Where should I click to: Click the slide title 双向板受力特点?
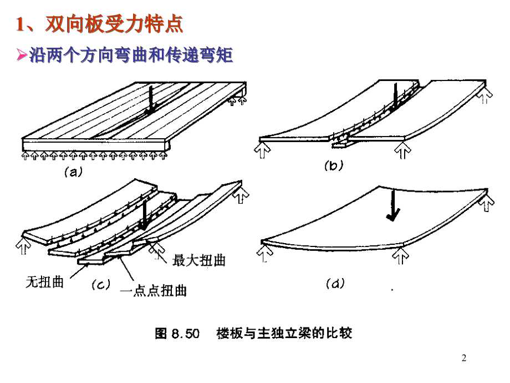pos(114,24)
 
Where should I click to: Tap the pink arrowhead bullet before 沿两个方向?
pos(22,54)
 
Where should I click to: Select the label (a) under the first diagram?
pos(74,172)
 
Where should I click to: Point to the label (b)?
pos(334,165)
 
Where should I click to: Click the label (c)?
pos(101,285)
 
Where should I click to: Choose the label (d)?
pos(335,283)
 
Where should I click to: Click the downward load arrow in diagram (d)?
pos(393,206)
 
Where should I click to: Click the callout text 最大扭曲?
pos(198,260)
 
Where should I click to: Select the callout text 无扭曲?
pos(44,282)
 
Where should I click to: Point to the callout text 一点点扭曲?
pos(153,290)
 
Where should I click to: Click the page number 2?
pos(464,358)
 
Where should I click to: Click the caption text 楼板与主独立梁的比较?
pos(284,333)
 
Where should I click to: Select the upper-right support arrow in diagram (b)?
pos(484,95)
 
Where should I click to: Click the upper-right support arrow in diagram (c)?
pos(241,195)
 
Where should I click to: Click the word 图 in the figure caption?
pos(161,334)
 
